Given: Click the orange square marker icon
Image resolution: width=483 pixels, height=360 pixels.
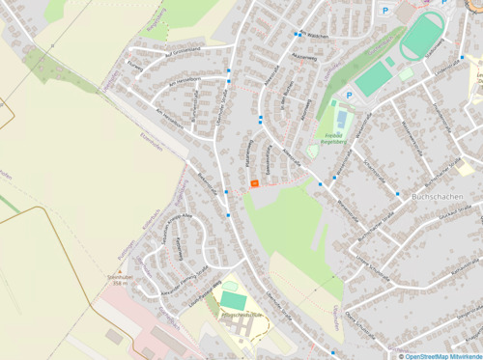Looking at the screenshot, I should tap(255, 182).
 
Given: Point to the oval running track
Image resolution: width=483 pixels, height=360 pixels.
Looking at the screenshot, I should tap(422, 36).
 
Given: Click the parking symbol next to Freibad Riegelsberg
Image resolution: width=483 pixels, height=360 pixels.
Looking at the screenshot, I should tap(350, 96).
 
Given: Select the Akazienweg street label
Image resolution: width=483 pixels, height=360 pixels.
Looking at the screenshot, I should tap(303, 58).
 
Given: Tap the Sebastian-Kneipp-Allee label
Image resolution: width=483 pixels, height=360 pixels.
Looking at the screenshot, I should tap(166, 228).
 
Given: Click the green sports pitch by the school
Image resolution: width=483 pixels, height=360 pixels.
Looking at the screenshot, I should tap(232, 300).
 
